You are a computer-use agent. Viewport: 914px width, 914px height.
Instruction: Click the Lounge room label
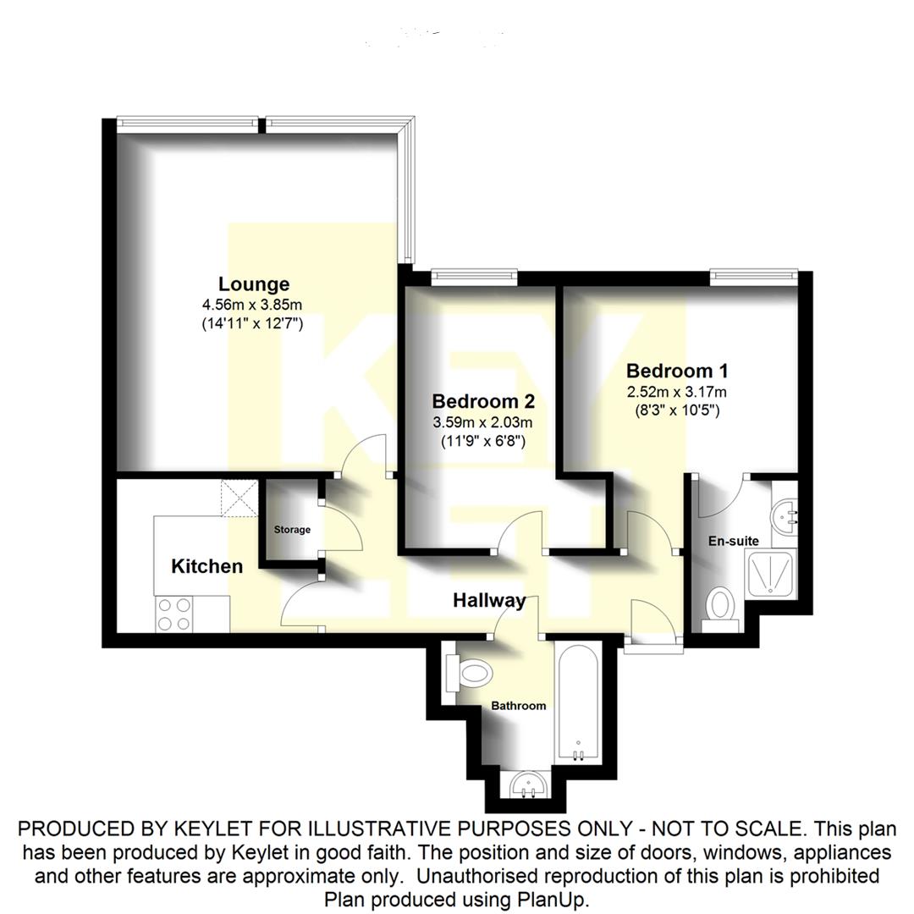point(254,284)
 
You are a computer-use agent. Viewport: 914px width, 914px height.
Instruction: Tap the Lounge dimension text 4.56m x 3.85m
point(252,305)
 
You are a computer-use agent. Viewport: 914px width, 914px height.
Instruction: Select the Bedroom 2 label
point(482,401)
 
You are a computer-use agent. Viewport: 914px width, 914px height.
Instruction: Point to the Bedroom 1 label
point(677,371)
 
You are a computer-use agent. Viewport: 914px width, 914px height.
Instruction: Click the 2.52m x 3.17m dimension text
point(676,392)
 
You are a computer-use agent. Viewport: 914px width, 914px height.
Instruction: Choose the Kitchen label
point(206,566)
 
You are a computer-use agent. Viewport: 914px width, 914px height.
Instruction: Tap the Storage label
point(292,530)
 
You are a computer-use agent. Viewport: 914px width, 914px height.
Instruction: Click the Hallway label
point(489,601)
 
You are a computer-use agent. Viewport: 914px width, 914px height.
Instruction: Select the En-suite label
point(734,541)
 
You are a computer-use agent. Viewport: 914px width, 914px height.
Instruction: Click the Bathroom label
point(519,705)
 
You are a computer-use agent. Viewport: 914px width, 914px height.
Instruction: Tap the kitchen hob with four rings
point(174,614)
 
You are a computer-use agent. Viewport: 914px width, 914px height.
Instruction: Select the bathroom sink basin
point(531,787)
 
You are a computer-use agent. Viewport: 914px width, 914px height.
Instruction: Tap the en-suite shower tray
point(769,576)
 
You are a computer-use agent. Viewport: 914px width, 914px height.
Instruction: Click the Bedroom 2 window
point(473,273)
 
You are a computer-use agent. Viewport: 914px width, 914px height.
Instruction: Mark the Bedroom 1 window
point(754,273)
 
